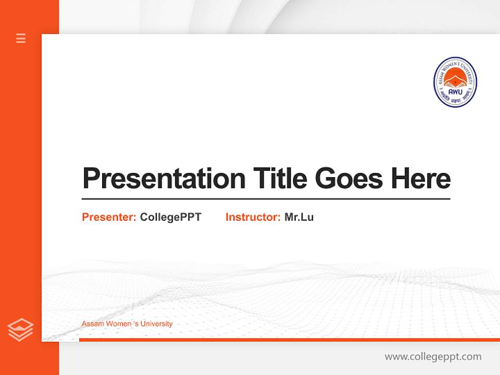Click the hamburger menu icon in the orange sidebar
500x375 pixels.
point(21,38)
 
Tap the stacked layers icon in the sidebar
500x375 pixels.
point(20,330)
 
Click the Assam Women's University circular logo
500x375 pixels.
point(455,82)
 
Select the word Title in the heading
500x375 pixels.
point(280,178)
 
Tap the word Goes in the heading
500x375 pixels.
point(349,178)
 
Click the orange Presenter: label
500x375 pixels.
point(109,217)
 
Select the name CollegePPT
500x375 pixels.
point(170,217)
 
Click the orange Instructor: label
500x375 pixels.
point(253,217)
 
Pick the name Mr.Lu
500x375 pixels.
point(299,217)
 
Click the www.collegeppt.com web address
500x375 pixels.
point(433,357)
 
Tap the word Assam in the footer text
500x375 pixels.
point(93,324)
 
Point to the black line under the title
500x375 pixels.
point(266,199)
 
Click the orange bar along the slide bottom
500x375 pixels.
point(289,340)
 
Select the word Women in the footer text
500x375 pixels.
point(119,324)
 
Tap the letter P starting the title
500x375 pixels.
point(92,178)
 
